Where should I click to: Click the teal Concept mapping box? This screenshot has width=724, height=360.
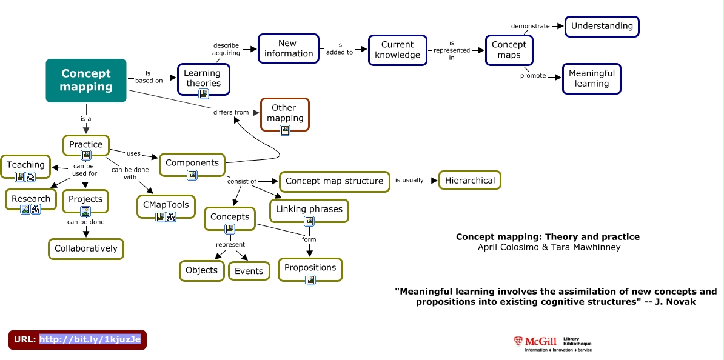click(x=86, y=80)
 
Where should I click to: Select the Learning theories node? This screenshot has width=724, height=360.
click(x=203, y=78)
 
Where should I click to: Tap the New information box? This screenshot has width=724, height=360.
click(x=289, y=48)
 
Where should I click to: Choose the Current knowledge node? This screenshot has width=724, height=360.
click(x=397, y=50)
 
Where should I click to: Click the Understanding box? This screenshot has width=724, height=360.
click(x=602, y=26)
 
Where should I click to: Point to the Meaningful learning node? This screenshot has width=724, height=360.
click(x=592, y=78)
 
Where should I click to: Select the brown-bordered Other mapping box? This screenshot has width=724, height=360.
click(x=284, y=113)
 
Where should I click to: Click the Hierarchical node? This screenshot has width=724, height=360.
click(x=470, y=181)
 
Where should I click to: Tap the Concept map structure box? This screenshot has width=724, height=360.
click(x=334, y=181)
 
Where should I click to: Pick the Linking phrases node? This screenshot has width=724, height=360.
click(x=309, y=210)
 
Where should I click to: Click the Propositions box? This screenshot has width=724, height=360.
click(x=310, y=268)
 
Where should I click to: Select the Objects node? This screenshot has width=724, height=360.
click(x=201, y=270)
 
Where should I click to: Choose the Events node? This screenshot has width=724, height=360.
click(x=249, y=271)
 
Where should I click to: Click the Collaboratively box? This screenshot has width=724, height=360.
click(x=86, y=248)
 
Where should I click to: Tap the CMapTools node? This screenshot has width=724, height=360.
click(x=166, y=205)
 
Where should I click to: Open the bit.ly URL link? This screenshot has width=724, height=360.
click(x=90, y=339)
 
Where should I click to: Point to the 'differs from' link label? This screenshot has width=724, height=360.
click(x=230, y=112)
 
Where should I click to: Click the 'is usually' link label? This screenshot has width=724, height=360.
click(x=409, y=180)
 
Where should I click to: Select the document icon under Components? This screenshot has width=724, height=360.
click(x=192, y=175)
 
